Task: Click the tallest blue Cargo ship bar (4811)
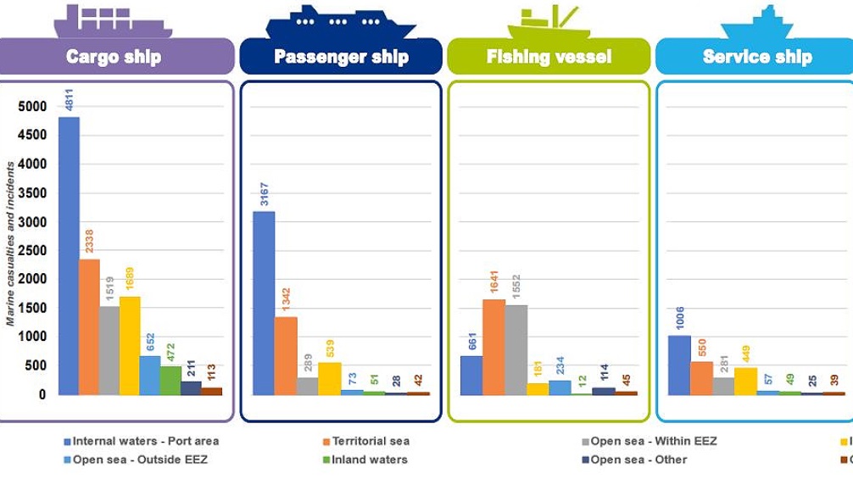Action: point(69,254)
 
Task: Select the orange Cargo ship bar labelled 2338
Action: point(89,326)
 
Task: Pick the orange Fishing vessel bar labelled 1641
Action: point(493,347)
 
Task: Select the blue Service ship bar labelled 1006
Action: point(679,365)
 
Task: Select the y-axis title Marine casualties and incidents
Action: point(10,244)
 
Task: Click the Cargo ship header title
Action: point(114,57)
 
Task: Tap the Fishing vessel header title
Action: point(549,57)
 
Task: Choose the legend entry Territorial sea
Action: point(371,441)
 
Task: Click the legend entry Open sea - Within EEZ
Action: point(653,441)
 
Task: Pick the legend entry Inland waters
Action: point(369,460)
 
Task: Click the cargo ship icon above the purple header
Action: point(112,20)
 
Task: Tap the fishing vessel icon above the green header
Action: point(549,23)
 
